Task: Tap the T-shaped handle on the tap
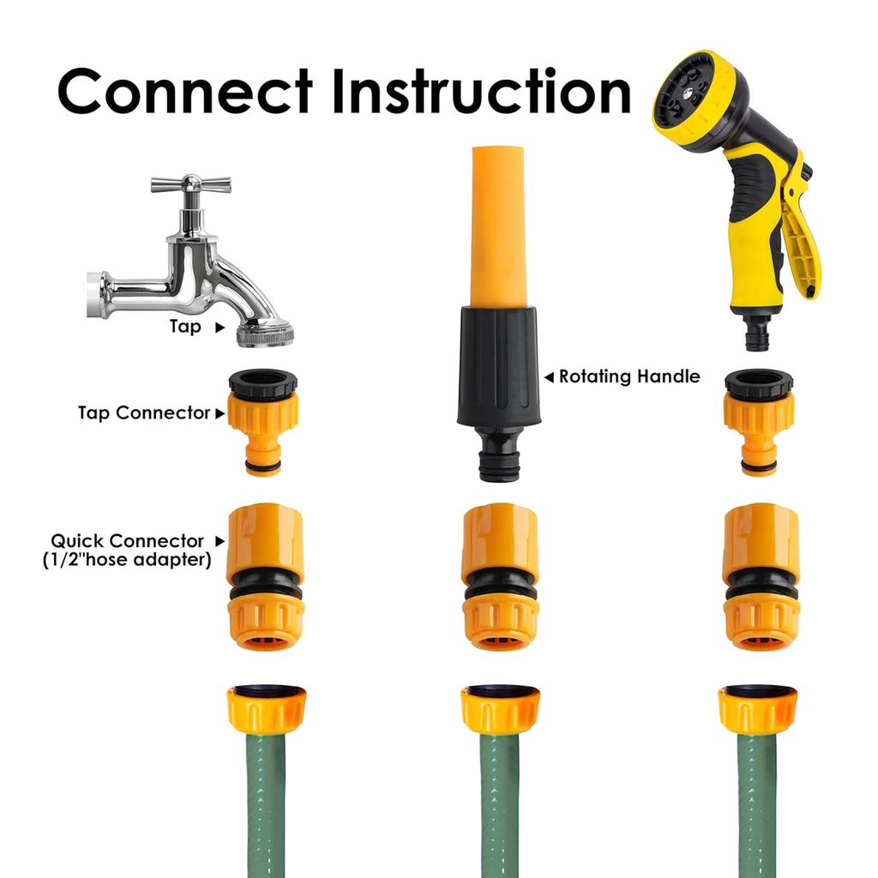(x=190, y=183)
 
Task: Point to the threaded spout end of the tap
(x=264, y=334)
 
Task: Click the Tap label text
(x=185, y=327)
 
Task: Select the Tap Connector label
(x=144, y=412)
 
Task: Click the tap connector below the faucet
(x=262, y=421)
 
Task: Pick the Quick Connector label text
(x=127, y=541)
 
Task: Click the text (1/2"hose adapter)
(x=127, y=560)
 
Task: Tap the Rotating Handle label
(x=628, y=376)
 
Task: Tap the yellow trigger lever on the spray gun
(x=802, y=240)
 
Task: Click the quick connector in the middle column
(x=500, y=576)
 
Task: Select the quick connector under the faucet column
(x=265, y=576)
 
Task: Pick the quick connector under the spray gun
(x=761, y=576)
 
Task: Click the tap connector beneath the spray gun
(x=759, y=421)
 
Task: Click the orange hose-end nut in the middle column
(x=500, y=709)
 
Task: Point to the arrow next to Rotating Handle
(x=549, y=376)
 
